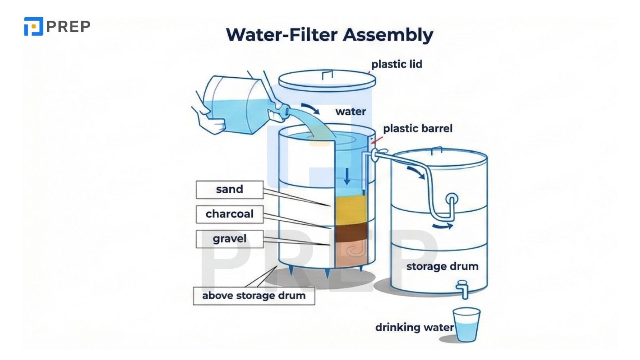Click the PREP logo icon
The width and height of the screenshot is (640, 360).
pyautogui.click(x=33, y=26)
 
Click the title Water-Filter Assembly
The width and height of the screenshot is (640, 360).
pyautogui.click(x=329, y=34)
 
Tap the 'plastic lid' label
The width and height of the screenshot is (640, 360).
pyautogui.click(x=396, y=64)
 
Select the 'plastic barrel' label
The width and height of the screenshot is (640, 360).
pyautogui.click(x=418, y=128)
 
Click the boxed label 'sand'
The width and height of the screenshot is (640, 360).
pyautogui.click(x=230, y=189)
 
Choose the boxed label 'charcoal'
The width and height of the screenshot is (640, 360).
pyautogui.click(x=230, y=214)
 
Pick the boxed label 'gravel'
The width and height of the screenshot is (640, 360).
pyautogui.click(x=230, y=239)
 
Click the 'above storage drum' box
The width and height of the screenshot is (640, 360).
pyautogui.click(x=254, y=296)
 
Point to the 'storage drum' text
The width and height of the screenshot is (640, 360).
pyautogui.click(x=442, y=266)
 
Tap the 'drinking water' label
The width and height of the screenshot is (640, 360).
pyautogui.click(x=414, y=327)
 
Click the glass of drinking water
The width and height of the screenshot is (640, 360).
pyautogui.click(x=466, y=325)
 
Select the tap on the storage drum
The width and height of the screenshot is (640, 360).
pyautogui.click(x=463, y=289)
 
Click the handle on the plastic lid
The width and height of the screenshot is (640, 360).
pyautogui.click(x=328, y=75)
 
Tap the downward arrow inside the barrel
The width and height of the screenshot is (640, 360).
pyautogui.click(x=347, y=176)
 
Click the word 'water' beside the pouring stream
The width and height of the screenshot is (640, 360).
pyautogui.click(x=350, y=111)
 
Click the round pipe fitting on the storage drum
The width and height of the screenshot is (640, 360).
pyautogui.click(x=452, y=199)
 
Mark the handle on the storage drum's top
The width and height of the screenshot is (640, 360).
pyautogui.click(x=436, y=150)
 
